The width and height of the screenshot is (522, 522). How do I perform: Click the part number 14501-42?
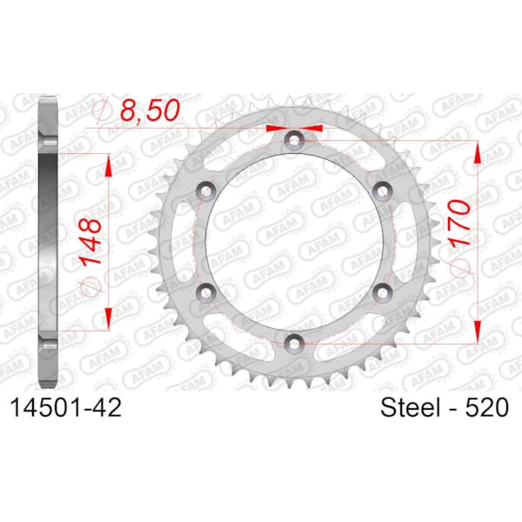pos(66,407)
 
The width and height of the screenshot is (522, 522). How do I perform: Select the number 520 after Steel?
pos(487,407)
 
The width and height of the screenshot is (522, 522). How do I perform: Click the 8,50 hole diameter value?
pos(150,110)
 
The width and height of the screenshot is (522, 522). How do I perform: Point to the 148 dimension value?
pos(90,241)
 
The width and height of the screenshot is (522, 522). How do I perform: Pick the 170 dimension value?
pos(459,223)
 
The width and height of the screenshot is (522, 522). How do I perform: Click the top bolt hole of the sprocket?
pos(294,140)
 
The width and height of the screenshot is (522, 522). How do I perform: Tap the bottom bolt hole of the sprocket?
pos(294,343)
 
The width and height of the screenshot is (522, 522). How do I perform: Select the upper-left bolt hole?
pos(206,191)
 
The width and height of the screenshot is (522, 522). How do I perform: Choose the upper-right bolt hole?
pos(382,191)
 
